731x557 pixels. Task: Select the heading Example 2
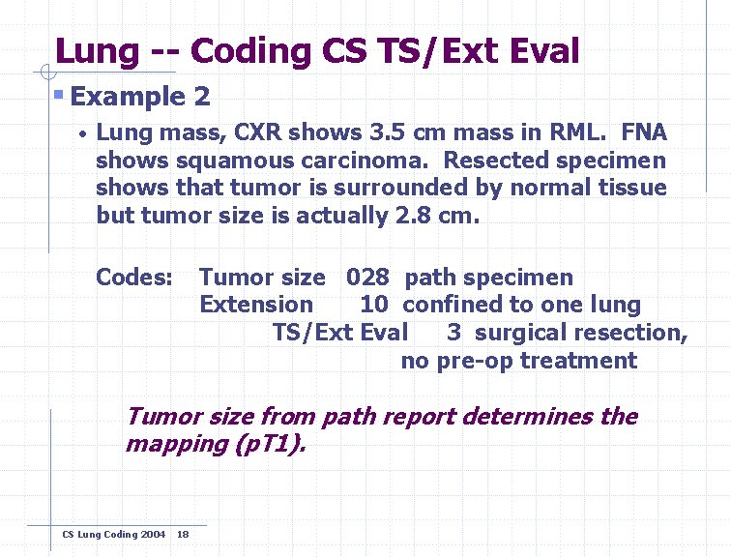[x=140, y=97]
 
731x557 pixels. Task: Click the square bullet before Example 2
[x=59, y=96]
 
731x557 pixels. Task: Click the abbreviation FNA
[x=642, y=132]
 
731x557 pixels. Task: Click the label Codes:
[x=133, y=278]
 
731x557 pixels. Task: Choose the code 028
[x=367, y=278]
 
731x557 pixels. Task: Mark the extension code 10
[x=374, y=305]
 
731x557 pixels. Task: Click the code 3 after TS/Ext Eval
[x=453, y=333]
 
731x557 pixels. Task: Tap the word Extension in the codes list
[x=256, y=305]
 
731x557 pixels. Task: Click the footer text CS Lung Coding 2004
[x=113, y=535]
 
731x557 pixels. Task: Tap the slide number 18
[x=183, y=535]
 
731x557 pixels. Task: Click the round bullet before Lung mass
[x=84, y=133]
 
